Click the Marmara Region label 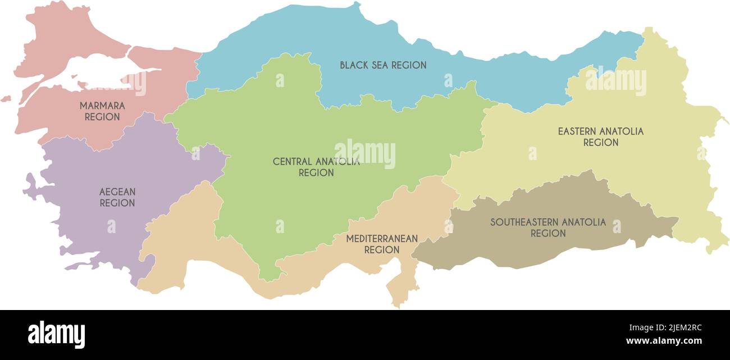tap(102, 111)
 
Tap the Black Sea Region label tap(383, 65)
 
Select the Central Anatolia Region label tap(316, 167)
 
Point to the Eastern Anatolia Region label tap(600, 136)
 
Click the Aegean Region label tap(117, 197)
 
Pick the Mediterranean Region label tap(382, 244)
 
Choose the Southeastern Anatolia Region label tap(548, 227)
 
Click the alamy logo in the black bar tap(56, 335)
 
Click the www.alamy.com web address tap(664, 341)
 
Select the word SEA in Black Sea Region tap(376, 65)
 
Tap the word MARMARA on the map tap(102, 106)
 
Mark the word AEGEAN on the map tap(117, 192)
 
